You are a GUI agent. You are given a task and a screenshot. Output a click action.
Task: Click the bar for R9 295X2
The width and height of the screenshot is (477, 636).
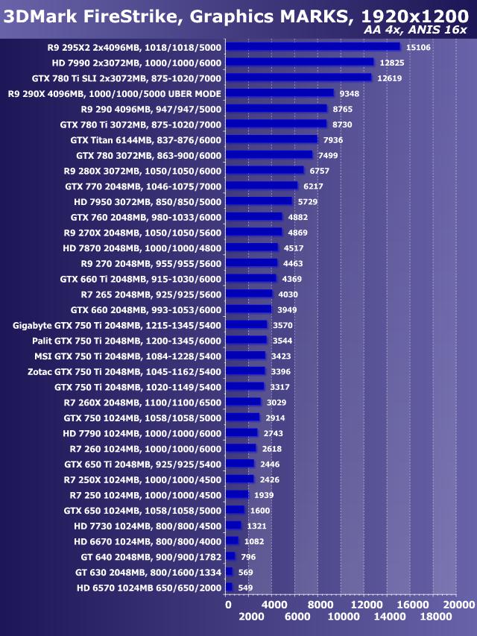click(313, 46)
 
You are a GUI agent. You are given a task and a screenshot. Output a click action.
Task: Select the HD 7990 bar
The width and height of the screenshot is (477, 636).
click(300, 62)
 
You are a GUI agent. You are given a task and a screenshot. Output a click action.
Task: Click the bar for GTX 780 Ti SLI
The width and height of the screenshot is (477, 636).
click(298, 77)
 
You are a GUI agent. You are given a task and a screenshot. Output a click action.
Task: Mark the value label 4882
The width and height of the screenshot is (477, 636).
click(298, 217)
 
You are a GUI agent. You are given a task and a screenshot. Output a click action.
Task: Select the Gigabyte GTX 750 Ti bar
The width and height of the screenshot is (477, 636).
click(247, 324)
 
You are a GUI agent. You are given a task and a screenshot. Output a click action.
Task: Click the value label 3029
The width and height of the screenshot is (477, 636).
click(277, 403)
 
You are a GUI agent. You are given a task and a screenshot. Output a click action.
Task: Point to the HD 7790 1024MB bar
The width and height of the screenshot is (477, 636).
click(242, 432)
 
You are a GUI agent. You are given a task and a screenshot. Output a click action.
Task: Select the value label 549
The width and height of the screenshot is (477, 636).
click(245, 588)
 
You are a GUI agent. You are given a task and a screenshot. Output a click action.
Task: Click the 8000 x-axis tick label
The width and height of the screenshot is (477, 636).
click(319, 604)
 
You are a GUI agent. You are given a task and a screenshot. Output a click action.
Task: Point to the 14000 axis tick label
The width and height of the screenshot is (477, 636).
click(389, 617)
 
